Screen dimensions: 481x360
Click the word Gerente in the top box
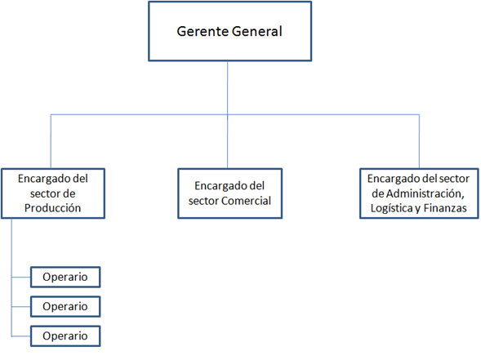point(203,31)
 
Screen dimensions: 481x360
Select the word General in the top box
point(256,31)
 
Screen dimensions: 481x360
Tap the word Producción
point(53,208)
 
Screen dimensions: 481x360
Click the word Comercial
point(246,201)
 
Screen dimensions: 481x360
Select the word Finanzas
point(445,208)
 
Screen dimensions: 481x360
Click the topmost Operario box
point(65,278)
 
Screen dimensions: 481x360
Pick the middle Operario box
point(65,307)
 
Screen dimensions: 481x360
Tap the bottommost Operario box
point(65,336)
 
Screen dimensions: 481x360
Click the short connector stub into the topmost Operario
point(21,278)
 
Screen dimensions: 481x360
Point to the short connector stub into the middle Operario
point(21,307)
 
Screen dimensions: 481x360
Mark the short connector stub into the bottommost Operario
point(21,336)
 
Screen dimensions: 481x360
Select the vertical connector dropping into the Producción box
point(51,141)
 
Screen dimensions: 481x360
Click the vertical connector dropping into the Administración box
point(419,141)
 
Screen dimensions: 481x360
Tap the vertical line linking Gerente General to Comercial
point(227,114)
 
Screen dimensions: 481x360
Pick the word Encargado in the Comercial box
point(218,186)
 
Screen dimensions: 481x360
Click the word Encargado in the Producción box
point(41,179)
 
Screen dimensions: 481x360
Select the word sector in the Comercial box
point(203,201)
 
